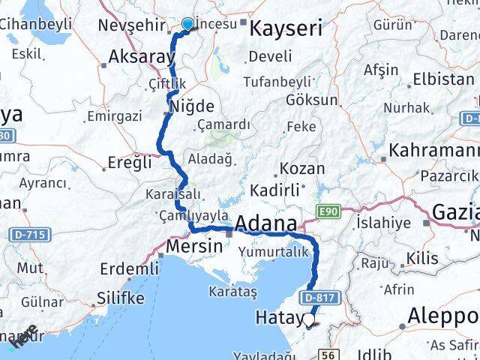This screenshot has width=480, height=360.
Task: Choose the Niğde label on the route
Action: (x=193, y=106)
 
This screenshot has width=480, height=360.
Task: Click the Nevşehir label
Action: (x=132, y=26)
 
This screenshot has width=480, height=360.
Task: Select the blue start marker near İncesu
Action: (x=187, y=25)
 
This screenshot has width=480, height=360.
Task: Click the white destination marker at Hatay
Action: (x=309, y=320)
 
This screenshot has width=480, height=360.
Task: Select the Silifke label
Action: (x=120, y=298)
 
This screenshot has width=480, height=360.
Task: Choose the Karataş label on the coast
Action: (x=233, y=289)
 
